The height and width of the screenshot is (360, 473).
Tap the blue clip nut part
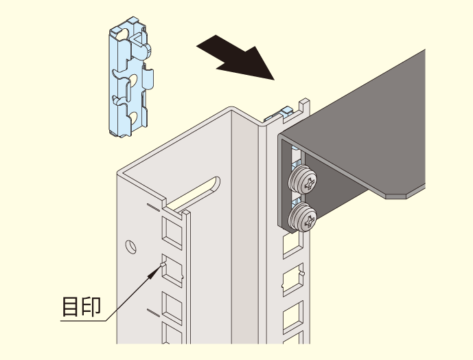tap(131, 77)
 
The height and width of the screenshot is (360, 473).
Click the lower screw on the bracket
tap(303, 217)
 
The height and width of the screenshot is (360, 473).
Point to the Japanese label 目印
tap(81, 306)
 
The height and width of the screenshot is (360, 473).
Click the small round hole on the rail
tap(130, 247)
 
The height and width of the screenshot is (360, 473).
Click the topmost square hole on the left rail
tap(172, 233)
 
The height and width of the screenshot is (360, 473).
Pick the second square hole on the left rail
tap(172, 271)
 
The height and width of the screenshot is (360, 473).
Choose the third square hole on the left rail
tap(172, 308)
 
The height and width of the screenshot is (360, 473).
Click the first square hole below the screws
tap(293, 245)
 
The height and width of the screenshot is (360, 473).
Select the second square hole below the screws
tap(293, 280)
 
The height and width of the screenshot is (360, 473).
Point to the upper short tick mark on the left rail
tap(154, 207)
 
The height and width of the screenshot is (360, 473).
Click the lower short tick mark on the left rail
tap(154, 313)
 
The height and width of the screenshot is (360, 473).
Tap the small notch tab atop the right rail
tap(304, 105)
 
